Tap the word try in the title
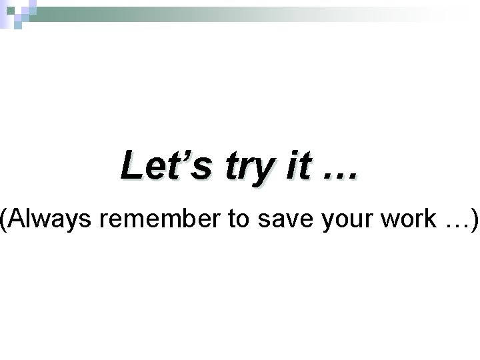tap(244, 167)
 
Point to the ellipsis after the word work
tap(454, 226)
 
